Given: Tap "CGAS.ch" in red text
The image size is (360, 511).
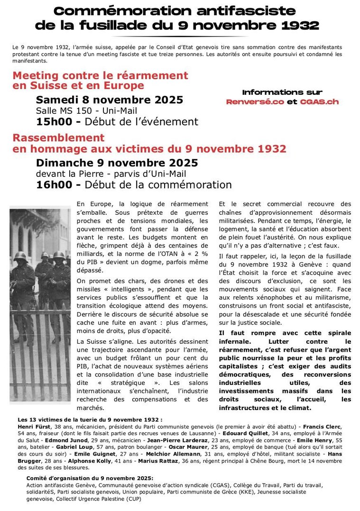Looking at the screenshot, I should (319, 102).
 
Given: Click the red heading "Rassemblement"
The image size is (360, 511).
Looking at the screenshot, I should (58, 138).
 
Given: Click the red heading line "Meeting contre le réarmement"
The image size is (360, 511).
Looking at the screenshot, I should (100, 75).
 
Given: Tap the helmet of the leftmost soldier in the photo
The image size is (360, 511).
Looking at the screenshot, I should (19, 256).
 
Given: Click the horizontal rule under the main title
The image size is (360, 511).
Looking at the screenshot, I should (180, 36).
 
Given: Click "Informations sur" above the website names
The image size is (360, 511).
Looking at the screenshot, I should (282, 92).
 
